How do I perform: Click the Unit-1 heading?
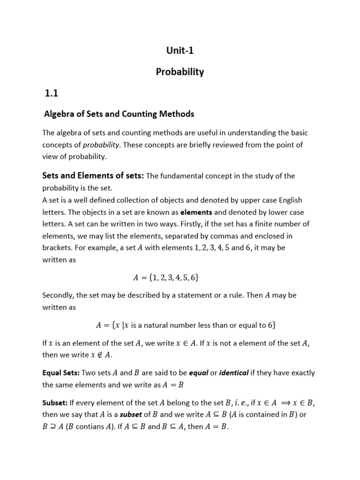[180, 51]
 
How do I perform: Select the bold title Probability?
[180, 72]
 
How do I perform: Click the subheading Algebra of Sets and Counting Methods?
[119, 114]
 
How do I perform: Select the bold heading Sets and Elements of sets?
[93, 176]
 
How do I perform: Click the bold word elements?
[196, 212]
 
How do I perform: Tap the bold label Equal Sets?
[61, 373]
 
